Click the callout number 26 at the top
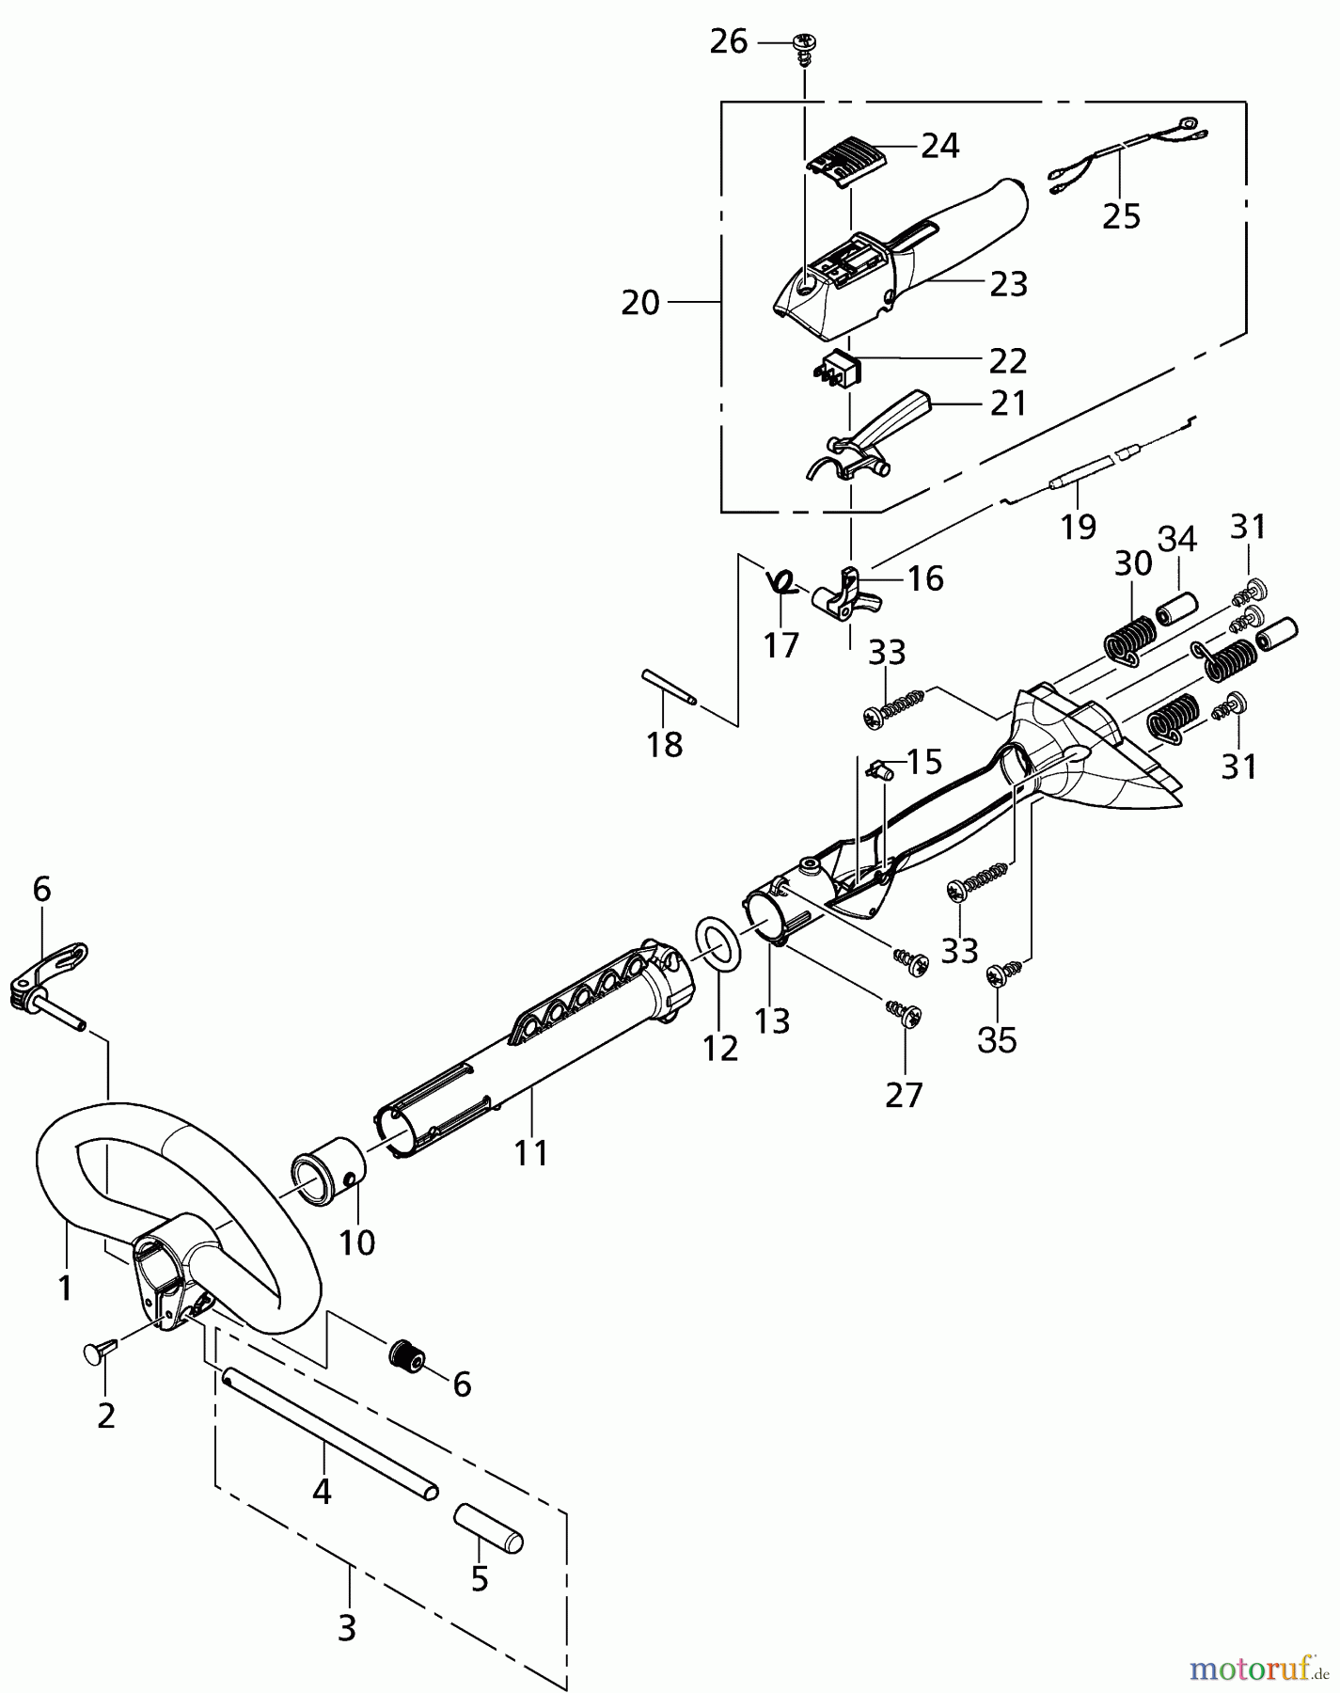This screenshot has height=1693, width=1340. pos(729,42)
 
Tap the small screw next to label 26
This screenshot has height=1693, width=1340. pos(804,46)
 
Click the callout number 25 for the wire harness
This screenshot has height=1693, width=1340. pos(1121,215)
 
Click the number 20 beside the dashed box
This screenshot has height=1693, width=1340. pos(640,303)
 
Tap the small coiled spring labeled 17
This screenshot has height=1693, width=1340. pos(780,582)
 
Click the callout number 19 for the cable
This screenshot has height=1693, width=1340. pos(1079,526)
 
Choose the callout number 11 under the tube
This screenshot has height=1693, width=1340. pos(531,1152)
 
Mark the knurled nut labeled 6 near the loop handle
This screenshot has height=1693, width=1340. pos(407,1357)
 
